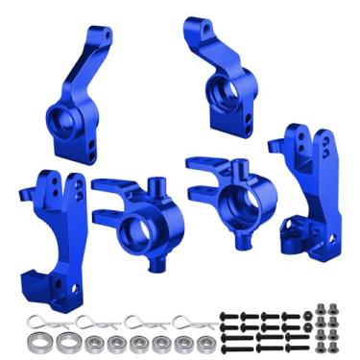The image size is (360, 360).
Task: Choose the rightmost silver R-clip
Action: (x=188, y=321)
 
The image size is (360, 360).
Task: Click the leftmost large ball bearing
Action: (x=41, y=341)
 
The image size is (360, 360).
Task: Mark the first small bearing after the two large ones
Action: (x=94, y=343)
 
